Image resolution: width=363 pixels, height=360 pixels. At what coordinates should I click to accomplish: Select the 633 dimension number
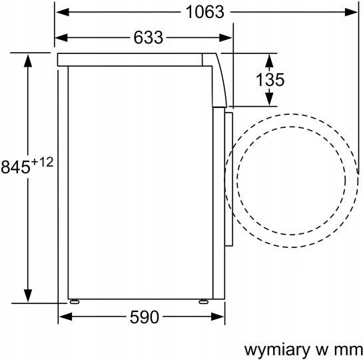[x=147, y=38]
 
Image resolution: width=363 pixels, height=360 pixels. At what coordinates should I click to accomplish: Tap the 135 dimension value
[x=270, y=80]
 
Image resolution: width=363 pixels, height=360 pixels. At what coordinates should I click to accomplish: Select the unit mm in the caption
[x=346, y=349]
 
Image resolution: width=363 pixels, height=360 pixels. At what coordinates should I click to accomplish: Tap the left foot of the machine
[x=72, y=301]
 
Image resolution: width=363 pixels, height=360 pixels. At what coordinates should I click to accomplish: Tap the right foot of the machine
[x=202, y=301]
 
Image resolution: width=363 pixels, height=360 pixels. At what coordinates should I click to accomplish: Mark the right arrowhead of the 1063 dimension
[x=350, y=12]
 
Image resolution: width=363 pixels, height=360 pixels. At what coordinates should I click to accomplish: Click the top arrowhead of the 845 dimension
[x=28, y=60]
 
